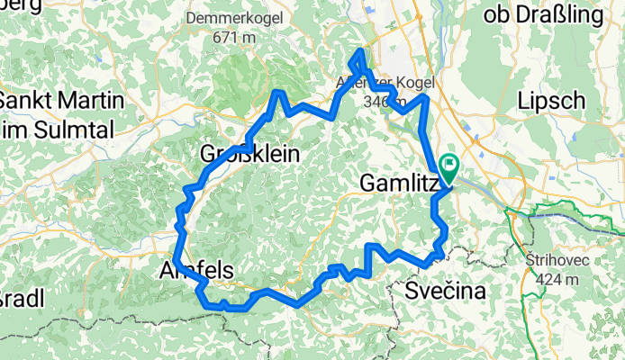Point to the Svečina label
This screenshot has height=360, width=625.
[445, 291]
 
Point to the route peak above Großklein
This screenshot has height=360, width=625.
[279, 93]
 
